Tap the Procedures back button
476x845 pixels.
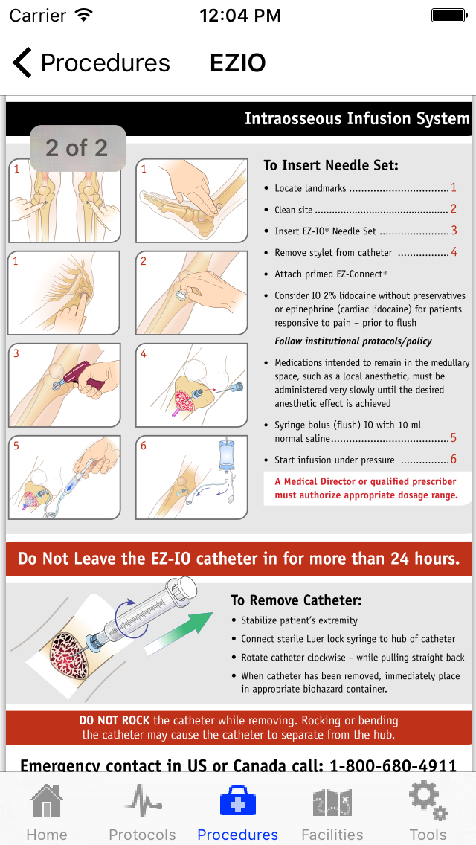pyautogui.click(x=91, y=63)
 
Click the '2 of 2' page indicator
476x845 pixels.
pyautogui.click(x=77, y=148)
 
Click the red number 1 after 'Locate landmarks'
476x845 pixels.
pyautogui.click(x=453, y=188)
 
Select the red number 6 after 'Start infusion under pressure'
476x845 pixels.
pyautogui.click(x=453, y=460)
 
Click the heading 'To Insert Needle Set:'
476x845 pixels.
pyautogui.click(x=331, y=165)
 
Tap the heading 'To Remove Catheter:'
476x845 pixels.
pyautogui.click(x=296, y=600)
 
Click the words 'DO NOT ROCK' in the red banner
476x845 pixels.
pyautogui.click(x=115, y=720)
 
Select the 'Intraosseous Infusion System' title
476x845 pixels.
pyautogui.click(x=356, y=119)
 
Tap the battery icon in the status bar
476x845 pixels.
pyautogui.click(x=448, y=15)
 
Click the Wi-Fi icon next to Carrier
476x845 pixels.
pyautogui.click(x=84, y=15)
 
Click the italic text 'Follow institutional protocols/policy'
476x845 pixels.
pyautogui.click(x=353, y=341)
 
